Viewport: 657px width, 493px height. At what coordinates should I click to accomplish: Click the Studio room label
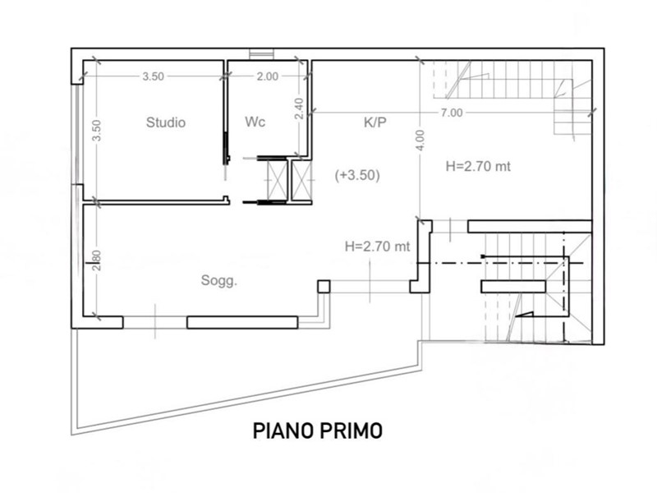click(x=166, y=122)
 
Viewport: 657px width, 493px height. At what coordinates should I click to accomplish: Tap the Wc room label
click(x=255, y=122)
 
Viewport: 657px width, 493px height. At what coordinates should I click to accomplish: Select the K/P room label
click(x=375, y=122)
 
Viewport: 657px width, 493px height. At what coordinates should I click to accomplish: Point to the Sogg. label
click(x=218, y=280)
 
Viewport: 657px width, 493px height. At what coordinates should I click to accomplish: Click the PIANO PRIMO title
click(x=318, y=431)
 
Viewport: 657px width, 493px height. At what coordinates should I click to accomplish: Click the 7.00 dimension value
click(x=451, y=113)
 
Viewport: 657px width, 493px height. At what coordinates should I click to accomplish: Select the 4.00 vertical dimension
click(x=420, y=140)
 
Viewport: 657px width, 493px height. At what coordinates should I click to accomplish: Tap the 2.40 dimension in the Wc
click(x=299, y=108)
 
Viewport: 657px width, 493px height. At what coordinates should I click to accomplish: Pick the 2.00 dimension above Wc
click(x=268, y=76)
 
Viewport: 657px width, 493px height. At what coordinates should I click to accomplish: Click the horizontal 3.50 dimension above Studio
click(x=153, y=76)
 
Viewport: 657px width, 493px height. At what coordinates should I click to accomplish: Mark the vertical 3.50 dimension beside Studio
click(x=96, y=131)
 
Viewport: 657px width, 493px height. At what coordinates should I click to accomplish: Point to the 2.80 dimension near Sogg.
click(x=96, y=260)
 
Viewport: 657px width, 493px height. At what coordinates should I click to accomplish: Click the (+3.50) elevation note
click(x=357, y=175)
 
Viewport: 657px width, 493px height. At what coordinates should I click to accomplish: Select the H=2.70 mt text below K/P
click(x=478, y=167)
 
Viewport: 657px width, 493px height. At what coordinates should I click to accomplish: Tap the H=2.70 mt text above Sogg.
click(x=377, y=246)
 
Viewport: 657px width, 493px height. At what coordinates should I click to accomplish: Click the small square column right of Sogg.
click(x=324, y=287)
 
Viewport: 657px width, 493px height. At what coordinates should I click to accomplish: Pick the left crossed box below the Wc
click(x=278, y=180)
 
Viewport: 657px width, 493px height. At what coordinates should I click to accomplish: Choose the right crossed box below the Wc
click(x=301, y=180)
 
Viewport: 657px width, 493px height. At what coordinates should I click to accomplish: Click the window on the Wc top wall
click(x=261, y=54)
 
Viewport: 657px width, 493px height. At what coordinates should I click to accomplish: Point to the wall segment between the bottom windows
click(x=242, y=322)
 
